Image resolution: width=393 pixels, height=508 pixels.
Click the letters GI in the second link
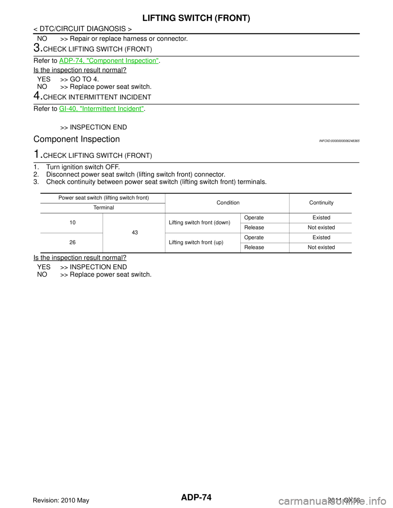click(x=62, y=109)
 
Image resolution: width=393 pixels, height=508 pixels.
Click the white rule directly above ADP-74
click(x=196, y=56)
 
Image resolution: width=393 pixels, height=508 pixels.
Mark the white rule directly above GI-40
click(x=196, y=104)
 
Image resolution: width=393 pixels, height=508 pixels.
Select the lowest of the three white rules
click(x=196, y=162)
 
